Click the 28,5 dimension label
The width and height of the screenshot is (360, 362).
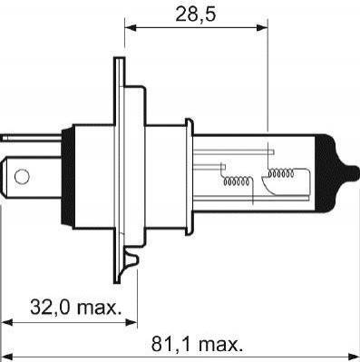click(x=196, y=15)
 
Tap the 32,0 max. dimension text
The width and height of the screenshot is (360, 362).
click(x=75, y=308)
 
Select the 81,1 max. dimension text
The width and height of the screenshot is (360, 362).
click(x=197, y=344)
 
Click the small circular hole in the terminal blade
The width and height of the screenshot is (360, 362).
click(x=22, y=177)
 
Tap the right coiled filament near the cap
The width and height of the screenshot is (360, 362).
click(x=281, y=173)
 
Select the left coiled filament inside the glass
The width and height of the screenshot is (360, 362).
click(x=237, y=181)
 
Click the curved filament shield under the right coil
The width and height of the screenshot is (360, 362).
click(x=270, y=186)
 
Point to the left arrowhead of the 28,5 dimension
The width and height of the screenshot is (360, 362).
click(x=131, y=28)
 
